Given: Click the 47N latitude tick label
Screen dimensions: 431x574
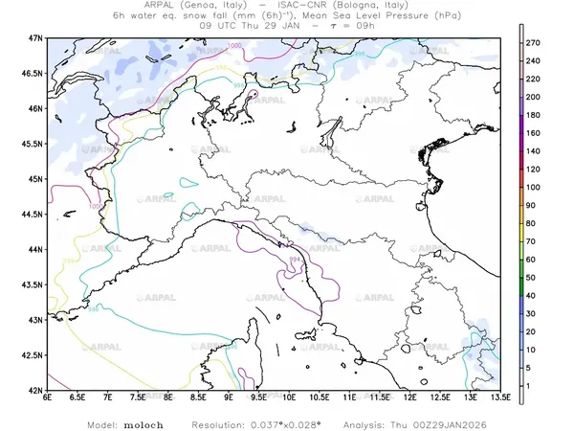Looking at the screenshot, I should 36,37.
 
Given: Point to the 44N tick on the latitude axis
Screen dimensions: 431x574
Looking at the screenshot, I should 36,249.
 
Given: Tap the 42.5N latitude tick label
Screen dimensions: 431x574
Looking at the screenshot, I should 33,355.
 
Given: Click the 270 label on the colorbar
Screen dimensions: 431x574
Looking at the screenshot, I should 535,44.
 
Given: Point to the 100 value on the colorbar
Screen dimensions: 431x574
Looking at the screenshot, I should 535,187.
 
